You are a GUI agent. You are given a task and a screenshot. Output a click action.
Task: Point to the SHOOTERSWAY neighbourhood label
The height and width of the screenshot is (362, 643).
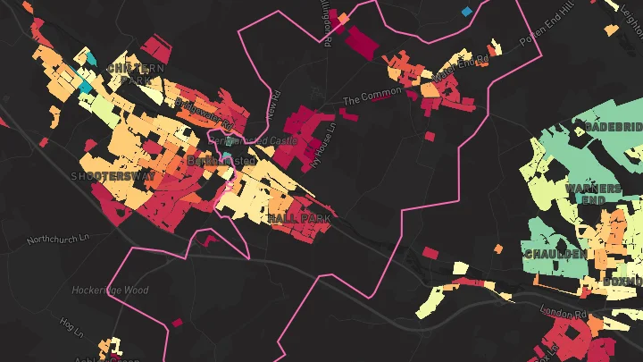point(113,177)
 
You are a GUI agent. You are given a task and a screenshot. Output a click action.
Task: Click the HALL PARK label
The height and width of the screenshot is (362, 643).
point(299,218)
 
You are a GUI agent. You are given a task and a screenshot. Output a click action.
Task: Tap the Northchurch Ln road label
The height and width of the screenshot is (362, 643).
point(60,240)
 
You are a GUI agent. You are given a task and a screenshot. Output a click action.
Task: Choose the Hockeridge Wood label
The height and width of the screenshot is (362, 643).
point(111,290)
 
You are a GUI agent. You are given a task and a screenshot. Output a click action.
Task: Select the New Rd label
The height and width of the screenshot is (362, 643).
point(273,105)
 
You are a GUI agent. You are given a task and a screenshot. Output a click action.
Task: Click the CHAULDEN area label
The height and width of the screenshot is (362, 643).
point(555,254)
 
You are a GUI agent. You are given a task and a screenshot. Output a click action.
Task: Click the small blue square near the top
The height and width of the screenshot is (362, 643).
point(466,12)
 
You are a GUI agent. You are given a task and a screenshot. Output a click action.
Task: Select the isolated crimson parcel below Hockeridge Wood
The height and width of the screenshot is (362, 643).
point(175,322)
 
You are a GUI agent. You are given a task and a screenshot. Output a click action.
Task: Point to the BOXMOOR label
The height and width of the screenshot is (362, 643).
point(622,281)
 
